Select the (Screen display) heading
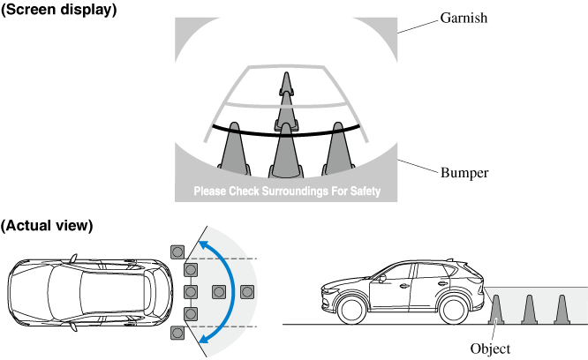(58, 10)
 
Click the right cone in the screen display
(338, 146)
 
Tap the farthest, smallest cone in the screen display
(285, 83)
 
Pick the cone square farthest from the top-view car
(247, 291)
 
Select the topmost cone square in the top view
(178, 250)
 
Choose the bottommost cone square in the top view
(178, 333)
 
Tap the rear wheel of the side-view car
(454, 310)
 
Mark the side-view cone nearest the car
(496, 309)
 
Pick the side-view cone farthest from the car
(561, 309)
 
